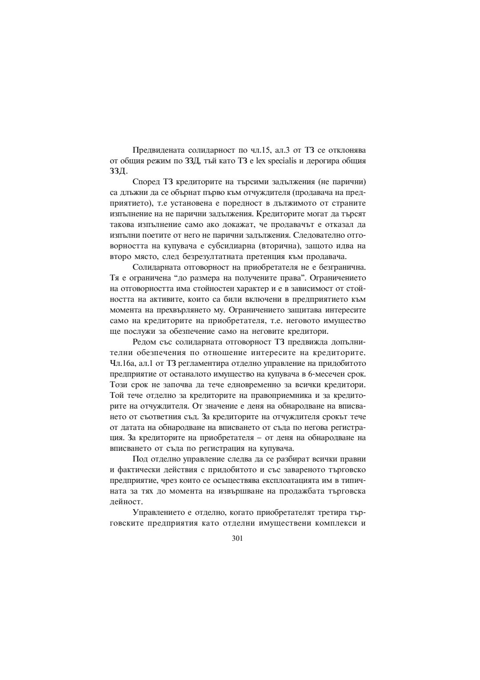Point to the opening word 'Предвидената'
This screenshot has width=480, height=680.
(157, 150)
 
